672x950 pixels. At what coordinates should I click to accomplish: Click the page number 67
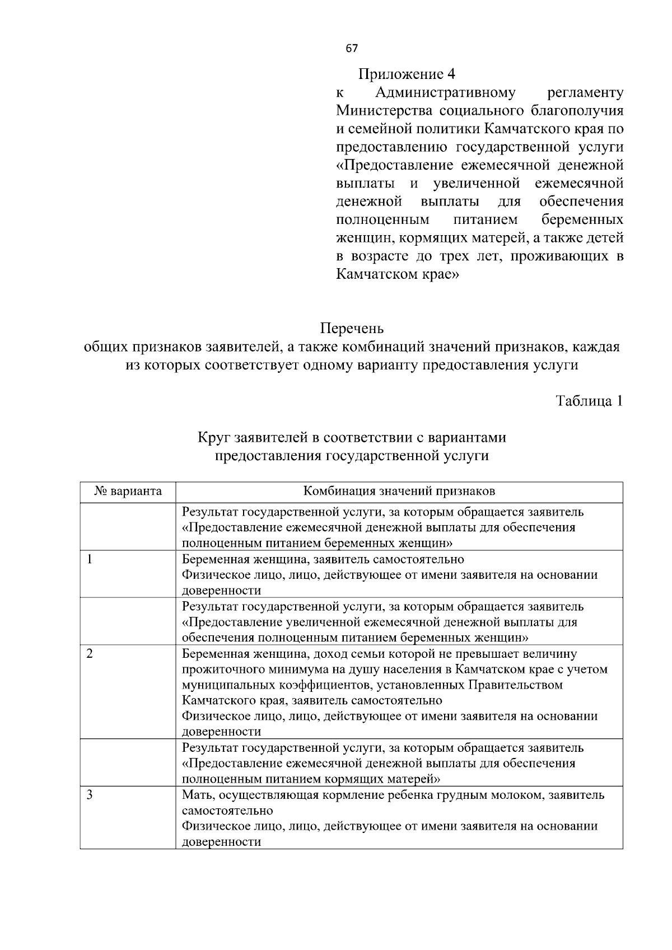tap(352, 49)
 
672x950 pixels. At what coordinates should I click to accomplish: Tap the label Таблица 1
tap(589, 401)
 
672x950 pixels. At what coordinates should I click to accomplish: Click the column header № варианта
tap(128, 492)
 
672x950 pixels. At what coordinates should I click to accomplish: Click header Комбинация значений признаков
tap(399, 492)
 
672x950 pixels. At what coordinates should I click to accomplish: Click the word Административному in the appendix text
tap(445, 92)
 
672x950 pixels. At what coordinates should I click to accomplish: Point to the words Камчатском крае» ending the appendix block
tap(397, 275)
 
